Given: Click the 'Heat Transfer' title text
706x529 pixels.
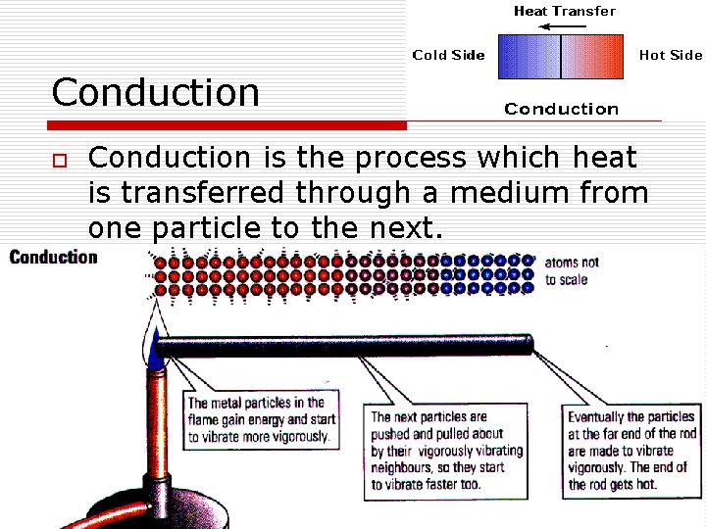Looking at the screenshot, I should pos(565,12).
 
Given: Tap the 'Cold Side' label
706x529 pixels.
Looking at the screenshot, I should pos(448,55).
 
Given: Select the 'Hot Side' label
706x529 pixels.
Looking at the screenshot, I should pos(671,55).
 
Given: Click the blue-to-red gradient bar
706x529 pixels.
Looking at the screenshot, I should pos(561,57).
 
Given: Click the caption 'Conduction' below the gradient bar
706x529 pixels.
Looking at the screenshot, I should pos(561,109).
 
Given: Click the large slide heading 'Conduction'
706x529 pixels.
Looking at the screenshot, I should pos(156,93).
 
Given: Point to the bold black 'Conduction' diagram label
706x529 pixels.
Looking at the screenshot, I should pos(54,258).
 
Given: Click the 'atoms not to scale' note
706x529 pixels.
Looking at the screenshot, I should pos(572,271).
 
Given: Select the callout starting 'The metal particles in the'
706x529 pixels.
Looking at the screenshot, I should pos(261,419).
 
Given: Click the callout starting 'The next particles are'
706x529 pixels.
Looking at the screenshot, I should pos(446,450).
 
